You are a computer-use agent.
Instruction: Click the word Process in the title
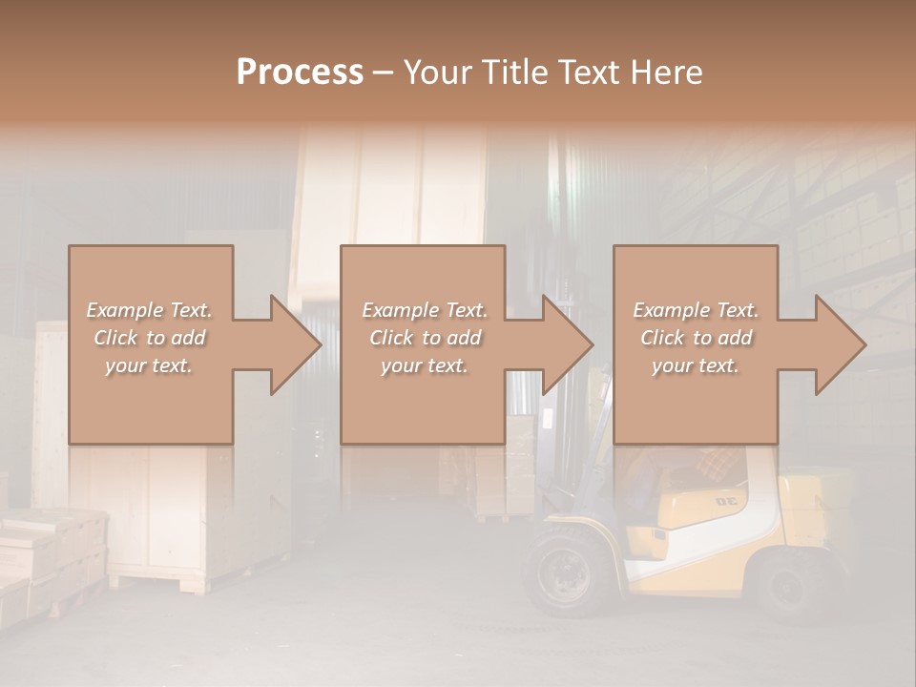point(300,73)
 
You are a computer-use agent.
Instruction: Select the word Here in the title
point(667,73)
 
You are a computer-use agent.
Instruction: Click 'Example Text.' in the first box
point(150,310)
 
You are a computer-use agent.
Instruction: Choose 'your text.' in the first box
point(150,365)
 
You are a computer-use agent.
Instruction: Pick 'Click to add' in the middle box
point(425,338)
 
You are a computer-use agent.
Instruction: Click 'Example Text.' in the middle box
point(425,310)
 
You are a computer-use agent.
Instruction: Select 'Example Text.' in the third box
point(696,310)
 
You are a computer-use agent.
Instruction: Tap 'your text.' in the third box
point(696,365)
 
